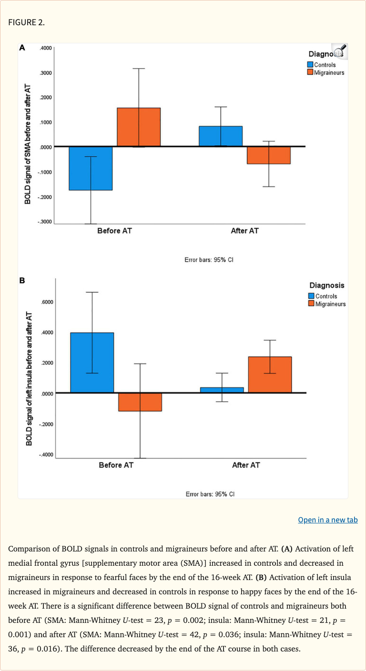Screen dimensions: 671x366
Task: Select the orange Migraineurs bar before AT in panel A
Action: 139,127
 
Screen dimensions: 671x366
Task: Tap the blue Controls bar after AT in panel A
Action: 221,136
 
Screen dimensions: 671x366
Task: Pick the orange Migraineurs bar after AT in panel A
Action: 269,155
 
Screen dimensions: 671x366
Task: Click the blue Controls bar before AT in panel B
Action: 92,362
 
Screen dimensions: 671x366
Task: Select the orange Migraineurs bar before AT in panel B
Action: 140,402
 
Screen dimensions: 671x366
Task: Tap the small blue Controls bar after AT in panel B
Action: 222,390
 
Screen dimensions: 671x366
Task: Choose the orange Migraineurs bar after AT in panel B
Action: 270,375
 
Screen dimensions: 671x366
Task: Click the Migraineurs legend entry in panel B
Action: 329,304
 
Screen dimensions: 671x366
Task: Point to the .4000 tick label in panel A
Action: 46,48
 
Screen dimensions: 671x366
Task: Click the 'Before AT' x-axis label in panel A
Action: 115,231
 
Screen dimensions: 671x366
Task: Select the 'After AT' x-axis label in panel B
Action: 246,465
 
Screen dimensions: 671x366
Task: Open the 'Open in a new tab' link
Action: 327,520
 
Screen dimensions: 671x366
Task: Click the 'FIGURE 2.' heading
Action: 26,22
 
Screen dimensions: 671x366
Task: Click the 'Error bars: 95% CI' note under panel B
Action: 210,494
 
